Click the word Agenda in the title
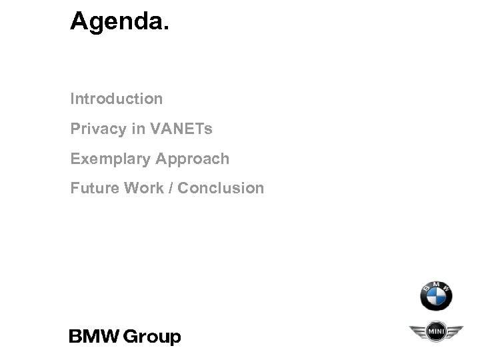[x=117, y=23]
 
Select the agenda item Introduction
[x=117, y=99]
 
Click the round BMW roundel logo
[x=436, y=295]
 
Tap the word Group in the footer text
[x=154, y=337]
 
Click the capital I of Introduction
[x=73, y=99]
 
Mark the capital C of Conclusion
[x=184, y=189]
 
